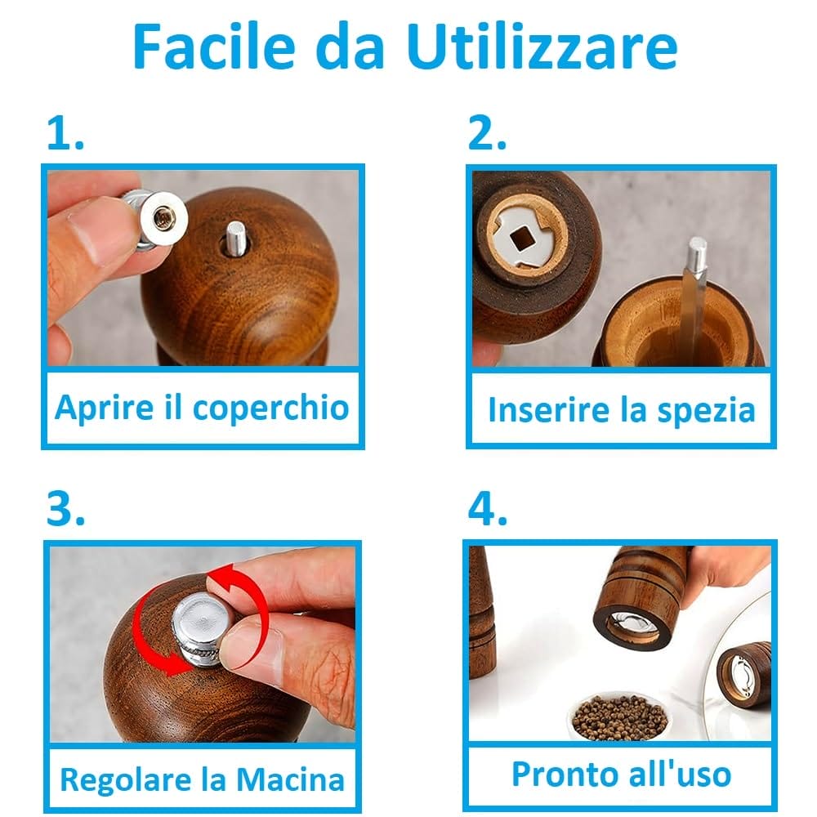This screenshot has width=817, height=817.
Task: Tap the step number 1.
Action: coord(65,133)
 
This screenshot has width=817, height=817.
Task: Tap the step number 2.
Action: coord(487,133)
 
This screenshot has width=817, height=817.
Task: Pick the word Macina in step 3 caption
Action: coord(290,779)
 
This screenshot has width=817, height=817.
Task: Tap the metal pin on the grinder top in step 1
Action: coord(235,239)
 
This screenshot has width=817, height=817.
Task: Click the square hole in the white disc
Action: coord(520,240)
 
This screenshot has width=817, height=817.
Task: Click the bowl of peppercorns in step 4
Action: coord(619,716)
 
